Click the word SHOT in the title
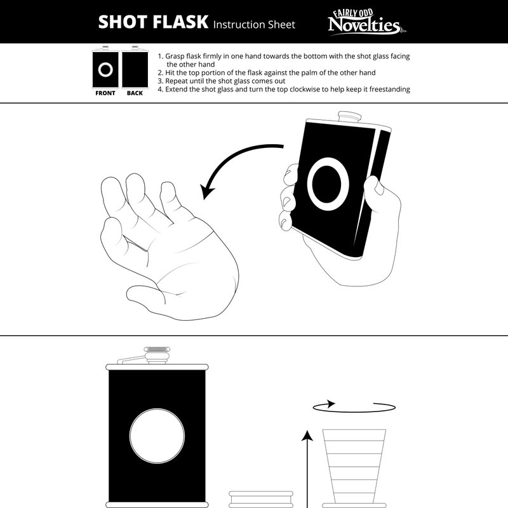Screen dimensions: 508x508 point(123,22)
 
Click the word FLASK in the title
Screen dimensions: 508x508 point(180,22)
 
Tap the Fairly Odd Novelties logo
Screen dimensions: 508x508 point(366,22)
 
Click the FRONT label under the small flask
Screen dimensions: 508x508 point(105,93)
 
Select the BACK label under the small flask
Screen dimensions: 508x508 point(135,93)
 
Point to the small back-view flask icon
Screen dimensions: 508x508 point(135,67)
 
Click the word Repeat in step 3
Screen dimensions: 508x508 point(177,81)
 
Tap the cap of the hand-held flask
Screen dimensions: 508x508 point(350,117)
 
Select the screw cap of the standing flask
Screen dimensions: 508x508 point(157,355)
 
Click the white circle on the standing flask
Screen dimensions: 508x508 point(157,436)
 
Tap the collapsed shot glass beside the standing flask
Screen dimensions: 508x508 point(261,499)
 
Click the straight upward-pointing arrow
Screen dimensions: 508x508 point(307,469)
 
